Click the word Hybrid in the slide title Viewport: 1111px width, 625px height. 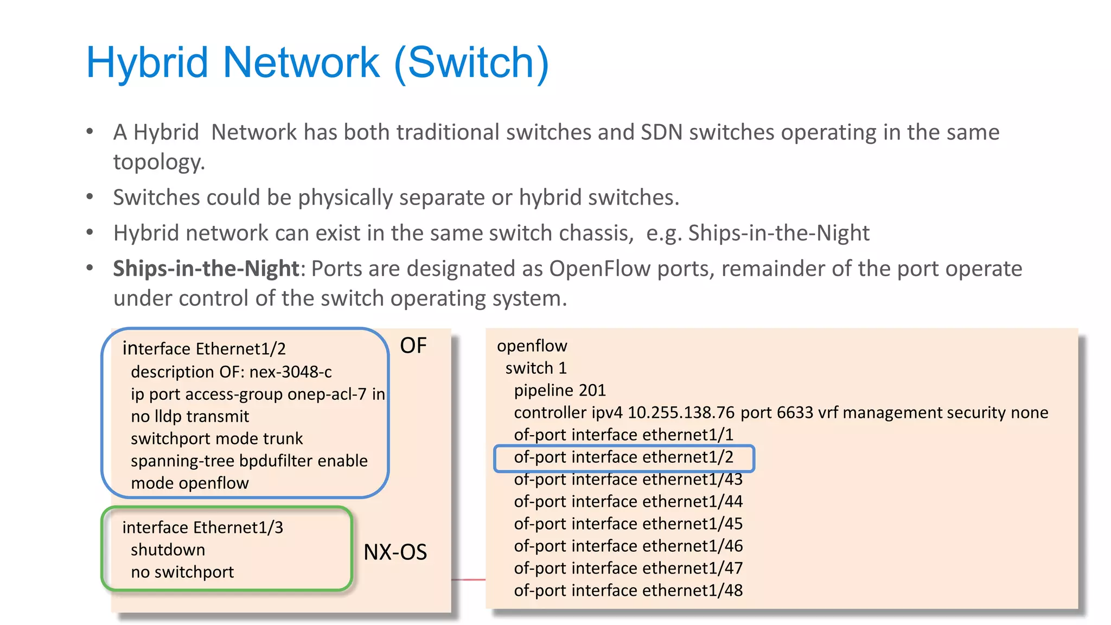click(x=147, y=63)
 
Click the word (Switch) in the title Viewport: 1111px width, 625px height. click(x=471, y=63)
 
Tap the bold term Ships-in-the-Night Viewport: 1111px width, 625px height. click(x=206, y=269)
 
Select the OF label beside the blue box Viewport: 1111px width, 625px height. click(x=413, y=346)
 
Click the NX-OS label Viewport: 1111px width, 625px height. click(x=395, y=552)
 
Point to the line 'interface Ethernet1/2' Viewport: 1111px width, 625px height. click(x=204, y=348)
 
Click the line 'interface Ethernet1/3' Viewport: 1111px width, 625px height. click(x=202, y=527)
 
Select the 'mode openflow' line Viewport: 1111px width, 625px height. click(x=189, y=483)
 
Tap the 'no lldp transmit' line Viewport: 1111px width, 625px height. click(x=189, y=416)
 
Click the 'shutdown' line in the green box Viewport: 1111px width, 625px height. click(x=168, y=550)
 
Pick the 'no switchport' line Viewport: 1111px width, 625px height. click(x=182, y=572)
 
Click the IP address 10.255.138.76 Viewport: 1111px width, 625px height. click(x=680, y=412)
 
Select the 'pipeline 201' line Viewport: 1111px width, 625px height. click(x=559, y=390)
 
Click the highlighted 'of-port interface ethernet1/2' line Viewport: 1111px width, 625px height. click(x=623, y=457)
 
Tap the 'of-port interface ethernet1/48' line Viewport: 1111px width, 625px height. click(x=628, y=590)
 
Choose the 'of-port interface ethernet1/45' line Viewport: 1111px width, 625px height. click(x=628, y=524)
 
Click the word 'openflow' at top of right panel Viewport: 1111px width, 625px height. click(x=532, y=346)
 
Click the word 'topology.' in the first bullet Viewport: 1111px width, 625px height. click(x=159, y=162)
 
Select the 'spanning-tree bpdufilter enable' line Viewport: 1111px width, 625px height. click(x=249, y=461)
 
